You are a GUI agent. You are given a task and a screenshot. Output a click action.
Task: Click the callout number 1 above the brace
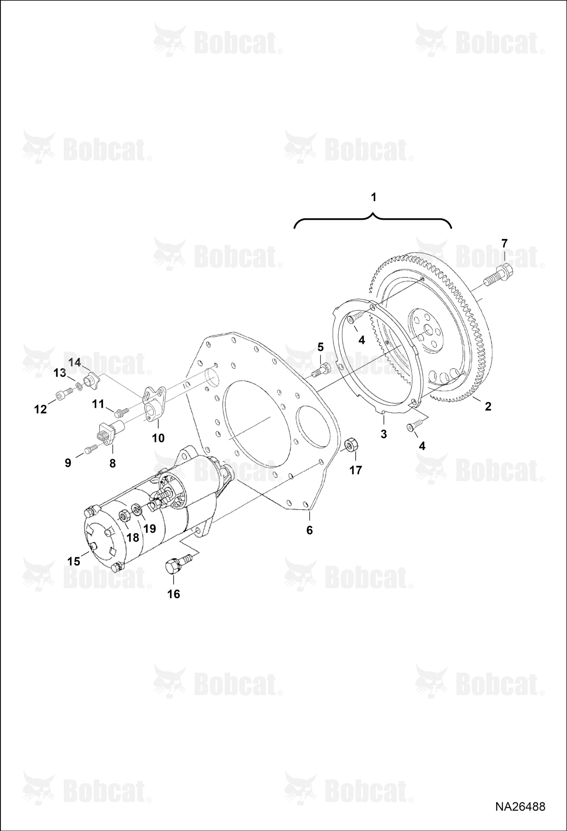(374, 197)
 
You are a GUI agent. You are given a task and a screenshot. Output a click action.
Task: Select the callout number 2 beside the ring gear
(488, 406)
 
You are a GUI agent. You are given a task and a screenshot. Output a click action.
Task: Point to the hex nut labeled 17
(352, 444)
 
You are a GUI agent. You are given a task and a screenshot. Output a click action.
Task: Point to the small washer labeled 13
(79, 386)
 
